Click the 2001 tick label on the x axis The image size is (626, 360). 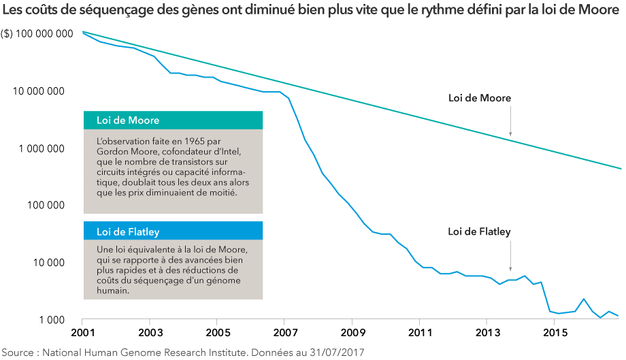click(82, 333)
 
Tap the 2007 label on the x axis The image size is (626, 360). click(284, 333)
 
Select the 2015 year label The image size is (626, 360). click(554, 333)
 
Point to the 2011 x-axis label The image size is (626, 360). click(419, 333)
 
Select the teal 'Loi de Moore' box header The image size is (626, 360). click(173, 120)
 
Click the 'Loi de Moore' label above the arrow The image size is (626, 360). click(479, 98)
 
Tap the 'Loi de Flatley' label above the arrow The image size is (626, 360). click(479, 231)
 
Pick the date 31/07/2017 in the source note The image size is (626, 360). click(333, 352)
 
